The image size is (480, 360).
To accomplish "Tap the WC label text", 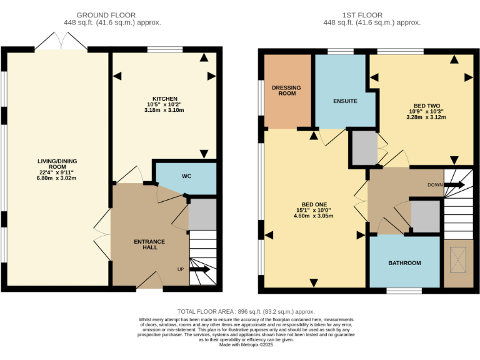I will point(186,176).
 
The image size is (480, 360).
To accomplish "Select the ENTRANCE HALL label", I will point(149,244).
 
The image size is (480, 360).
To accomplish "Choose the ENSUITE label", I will point(345,101).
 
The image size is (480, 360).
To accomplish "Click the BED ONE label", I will point(314,204).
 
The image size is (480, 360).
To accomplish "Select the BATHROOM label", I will point(404,263).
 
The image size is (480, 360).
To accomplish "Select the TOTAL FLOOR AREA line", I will point(246,311).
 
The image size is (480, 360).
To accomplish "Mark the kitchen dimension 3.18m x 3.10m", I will point(164,111).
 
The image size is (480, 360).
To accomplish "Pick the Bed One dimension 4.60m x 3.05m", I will point(314,216).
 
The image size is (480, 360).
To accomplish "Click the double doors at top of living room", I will point(61,42).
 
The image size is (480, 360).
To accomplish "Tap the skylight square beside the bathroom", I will point(458,256).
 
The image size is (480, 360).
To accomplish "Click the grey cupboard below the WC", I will point(202,214).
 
